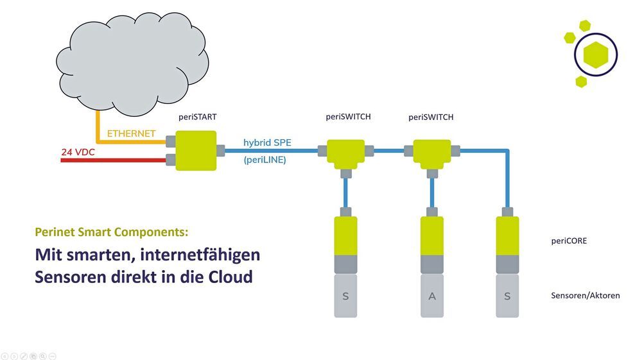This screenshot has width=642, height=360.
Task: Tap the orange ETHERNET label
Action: [x=131, y=133]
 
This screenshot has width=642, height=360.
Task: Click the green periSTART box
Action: [x=195, y=151]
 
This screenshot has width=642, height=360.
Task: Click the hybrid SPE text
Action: [x=267, y=142]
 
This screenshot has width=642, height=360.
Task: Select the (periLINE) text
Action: [x=265, y=160]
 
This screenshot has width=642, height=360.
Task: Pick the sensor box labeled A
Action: [x=432, y=296]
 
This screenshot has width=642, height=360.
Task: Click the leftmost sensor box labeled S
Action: [x=345, y=296]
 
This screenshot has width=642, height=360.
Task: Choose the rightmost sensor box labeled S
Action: [x=508, y=296]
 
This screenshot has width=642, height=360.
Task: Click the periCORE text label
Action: [x=569, y=241]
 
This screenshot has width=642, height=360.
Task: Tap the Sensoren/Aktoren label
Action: [x=585, y=296]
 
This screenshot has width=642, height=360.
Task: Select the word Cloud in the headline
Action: [x=229, y=278]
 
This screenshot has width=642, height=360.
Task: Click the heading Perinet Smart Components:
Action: [x=112, y=232]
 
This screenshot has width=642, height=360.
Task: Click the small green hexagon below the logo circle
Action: [x=581, y=81]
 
